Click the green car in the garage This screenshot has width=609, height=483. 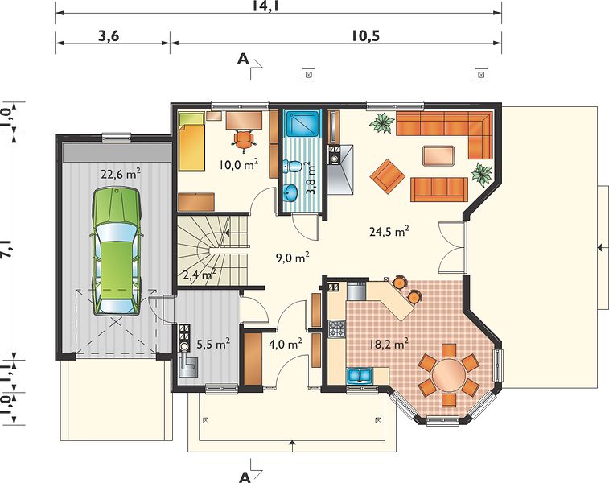(x=116, y=251)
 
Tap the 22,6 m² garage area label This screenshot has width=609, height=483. (x=121, y=174)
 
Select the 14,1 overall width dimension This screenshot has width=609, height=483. (x=266, y=6)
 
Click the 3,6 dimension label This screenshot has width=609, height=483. (x=109, y=35)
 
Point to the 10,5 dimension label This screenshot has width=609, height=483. (x=365, y=35)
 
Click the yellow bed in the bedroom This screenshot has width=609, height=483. (x=191, y=142)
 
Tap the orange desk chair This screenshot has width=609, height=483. (x=244, y=140)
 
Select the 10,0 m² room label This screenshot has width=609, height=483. (x=238, y=165)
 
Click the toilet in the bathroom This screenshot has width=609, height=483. (x=292, y=166)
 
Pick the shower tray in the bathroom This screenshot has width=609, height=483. (x=302, y=124)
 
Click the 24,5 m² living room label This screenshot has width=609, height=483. (x=389, y=232)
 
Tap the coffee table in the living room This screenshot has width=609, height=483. (x=438, y=156)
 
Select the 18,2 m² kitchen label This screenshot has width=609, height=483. (x=389, y=344)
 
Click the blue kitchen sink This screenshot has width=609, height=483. (x=360, y=376)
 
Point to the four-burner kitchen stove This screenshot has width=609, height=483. (x=337, y=329)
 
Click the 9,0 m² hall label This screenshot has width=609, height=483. (x=293, y=258)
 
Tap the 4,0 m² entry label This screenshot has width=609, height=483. (x=286, y=344)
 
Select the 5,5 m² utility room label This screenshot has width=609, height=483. (x=213, y=344)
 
